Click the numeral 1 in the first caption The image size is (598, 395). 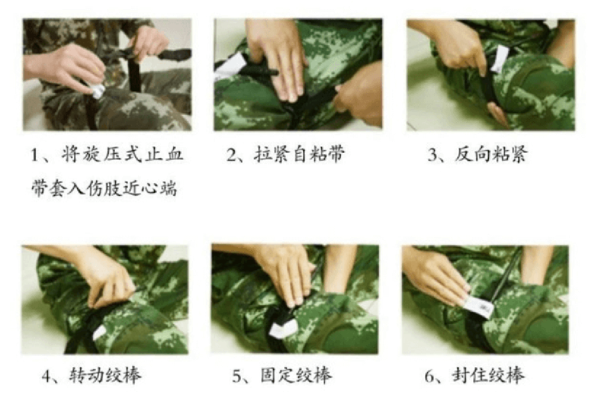pos(35,155)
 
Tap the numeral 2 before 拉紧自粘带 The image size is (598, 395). pos(231,155)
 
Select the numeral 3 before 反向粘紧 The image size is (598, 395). pos(432,155)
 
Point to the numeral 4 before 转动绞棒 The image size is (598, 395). pos(47,376)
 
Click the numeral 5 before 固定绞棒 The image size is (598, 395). pos(237,376)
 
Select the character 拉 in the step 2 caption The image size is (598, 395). pos(263,155)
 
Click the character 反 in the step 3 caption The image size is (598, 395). pos(463,155)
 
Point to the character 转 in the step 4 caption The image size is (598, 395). pos(78,376)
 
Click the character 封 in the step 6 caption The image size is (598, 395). pos(461,376)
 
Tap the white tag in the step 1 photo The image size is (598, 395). pos(99,91)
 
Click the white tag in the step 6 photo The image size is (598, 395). pos(478,307)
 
